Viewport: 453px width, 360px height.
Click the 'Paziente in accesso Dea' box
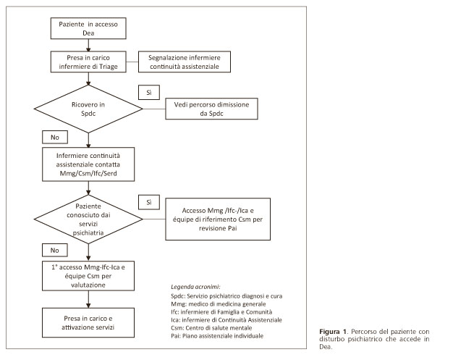(88, 28)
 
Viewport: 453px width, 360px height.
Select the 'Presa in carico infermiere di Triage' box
(88, 62)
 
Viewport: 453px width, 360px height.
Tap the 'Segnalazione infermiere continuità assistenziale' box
(185, 62)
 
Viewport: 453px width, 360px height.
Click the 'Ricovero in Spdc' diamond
(88, 109)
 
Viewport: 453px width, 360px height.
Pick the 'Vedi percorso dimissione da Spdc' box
(211, 109)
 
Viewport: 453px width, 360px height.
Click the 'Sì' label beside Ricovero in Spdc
(149, 93)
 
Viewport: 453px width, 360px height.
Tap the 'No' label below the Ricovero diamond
(55, 137)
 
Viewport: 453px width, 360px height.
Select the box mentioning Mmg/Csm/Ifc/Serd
(88, 164)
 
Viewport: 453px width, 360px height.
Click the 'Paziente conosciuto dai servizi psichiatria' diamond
(88, 219)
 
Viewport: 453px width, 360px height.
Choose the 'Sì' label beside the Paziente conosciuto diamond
(149, 202)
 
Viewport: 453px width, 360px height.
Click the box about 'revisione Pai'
(218, 219)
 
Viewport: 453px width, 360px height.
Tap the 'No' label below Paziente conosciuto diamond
(55, 250)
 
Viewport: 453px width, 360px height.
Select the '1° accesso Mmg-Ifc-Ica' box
(88, 276)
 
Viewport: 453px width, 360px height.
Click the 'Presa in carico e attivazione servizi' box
(88, 323)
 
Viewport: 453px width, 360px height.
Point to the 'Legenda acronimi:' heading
(195, 287)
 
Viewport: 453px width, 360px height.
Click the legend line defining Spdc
(226, 296)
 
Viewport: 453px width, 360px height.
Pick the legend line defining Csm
(211, 328)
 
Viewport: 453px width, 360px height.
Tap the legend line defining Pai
(217, 336)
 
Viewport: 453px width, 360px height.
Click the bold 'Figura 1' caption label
(333, 332)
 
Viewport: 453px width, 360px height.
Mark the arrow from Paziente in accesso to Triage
(88, 45)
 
